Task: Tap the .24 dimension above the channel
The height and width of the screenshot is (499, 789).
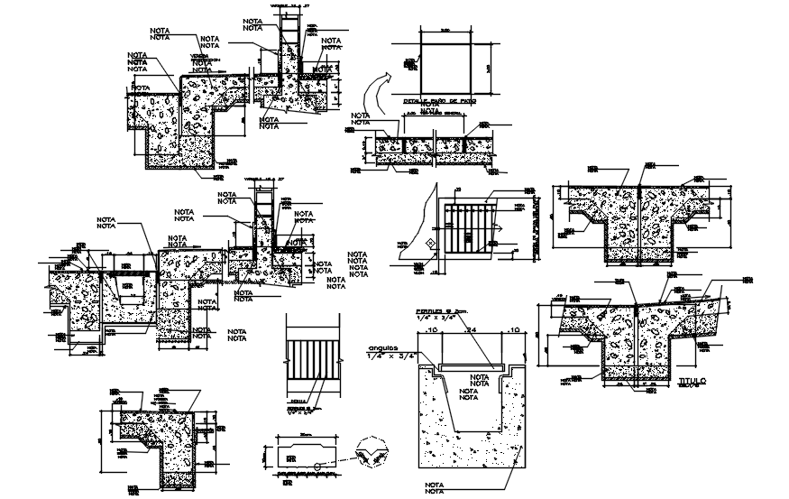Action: pyautogui.click(x=469, y=331)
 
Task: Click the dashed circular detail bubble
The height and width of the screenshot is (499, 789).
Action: pyautogui.click(x=372, y=454)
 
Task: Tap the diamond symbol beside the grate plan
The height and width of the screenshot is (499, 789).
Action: pyautogui.click(x=431, y=243)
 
